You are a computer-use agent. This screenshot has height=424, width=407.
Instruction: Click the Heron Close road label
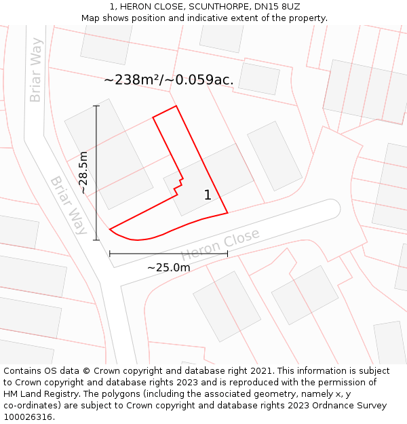pos(220,245)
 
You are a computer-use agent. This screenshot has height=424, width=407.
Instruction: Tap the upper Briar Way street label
pos(36,70)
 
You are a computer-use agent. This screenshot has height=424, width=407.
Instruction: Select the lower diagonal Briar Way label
pos(69,206)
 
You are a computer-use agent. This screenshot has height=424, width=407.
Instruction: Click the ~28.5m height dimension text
pos(83,172)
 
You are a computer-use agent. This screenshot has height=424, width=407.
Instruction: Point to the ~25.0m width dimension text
pos(168,267)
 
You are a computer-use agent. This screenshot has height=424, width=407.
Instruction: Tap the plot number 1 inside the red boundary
pos(208,195)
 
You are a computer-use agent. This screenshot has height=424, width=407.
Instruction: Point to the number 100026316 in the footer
pos(28,417)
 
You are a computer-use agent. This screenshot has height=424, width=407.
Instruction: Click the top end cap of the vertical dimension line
pos(96,106)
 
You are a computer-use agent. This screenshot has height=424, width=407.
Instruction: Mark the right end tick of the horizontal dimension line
pos(227,254)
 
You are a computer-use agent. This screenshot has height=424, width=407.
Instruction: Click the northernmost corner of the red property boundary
pos(176,106)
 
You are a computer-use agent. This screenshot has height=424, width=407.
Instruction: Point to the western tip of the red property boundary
pos(109,229)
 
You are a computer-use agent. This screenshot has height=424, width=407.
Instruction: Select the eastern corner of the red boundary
pos(227,212)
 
